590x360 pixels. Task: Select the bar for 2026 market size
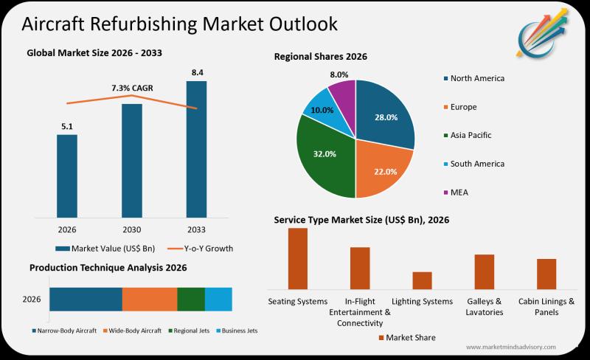(66, 176)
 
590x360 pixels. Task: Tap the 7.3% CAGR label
(132, 88)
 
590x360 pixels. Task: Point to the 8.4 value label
(196, 72)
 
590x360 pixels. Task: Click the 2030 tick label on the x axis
(131, 229)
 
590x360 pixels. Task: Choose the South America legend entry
(473, 164)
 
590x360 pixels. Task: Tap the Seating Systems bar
(297, 258)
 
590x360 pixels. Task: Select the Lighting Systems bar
(422, 280)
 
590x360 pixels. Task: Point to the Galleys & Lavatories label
(484, 307)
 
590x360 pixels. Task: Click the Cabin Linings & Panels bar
(546, 274)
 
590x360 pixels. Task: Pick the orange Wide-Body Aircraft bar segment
(150, 299)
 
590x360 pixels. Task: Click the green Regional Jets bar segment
(191, 299)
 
